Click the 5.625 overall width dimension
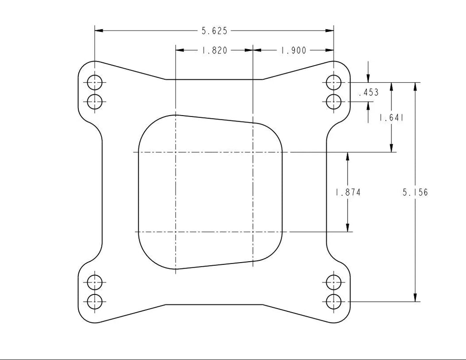214,31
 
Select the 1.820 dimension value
214,51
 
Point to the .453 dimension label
369,93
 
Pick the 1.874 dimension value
348,193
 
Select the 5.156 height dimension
415,193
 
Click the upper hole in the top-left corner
95,83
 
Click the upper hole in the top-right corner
334,83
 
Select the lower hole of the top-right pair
334,101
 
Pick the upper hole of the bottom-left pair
95,282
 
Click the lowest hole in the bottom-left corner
95,301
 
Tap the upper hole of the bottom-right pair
334,282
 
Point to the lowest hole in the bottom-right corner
334,301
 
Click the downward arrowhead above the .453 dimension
368,79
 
